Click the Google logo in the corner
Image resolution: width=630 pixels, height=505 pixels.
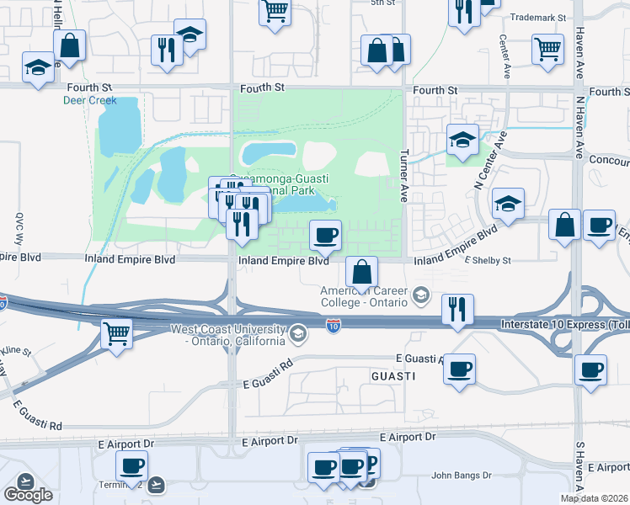coord(28,495)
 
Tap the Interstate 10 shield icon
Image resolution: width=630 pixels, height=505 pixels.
coord(334,326)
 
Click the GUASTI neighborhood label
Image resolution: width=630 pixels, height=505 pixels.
coord(393,377)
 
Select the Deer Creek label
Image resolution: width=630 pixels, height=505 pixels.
coord(90,100)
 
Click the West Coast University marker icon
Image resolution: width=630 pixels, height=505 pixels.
coord(296,335)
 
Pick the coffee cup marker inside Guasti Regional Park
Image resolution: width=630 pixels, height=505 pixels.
coord(325,235)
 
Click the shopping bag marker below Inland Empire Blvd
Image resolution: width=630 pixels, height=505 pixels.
coord(361,272)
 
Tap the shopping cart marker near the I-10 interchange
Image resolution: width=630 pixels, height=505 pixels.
coord(115,332)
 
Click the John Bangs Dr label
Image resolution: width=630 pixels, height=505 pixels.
coord(461,476)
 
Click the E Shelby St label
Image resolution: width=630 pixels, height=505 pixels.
coord(489,261)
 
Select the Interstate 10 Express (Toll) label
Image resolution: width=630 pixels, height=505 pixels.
coord(563,324)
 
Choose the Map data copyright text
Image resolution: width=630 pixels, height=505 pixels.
coord(595,498)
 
